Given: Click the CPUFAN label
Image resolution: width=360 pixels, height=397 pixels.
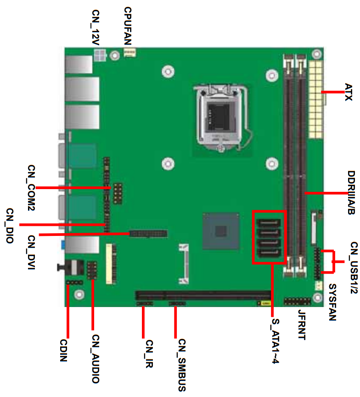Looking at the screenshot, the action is click(x=128, y=26).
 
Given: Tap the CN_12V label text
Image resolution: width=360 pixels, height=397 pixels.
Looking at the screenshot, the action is click(x=96, y=28).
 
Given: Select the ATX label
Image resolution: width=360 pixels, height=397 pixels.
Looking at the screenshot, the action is click(x=349, y=92).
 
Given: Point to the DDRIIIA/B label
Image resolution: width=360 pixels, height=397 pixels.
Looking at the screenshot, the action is click(x=351, y=193).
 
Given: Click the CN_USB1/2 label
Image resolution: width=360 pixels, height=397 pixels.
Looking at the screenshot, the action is click(x=354, y=268).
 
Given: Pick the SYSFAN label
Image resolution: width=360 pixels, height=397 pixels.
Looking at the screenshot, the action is click(x=332, y=302).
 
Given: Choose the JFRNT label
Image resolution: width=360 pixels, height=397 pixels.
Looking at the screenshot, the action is click(x=302, y=324).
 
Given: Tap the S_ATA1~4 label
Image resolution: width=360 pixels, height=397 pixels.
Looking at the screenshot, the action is click(x=276, y=341).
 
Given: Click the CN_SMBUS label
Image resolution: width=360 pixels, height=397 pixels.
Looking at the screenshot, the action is click(x=182, y=365).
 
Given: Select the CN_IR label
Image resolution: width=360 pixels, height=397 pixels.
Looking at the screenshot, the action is click(x=149, y=354).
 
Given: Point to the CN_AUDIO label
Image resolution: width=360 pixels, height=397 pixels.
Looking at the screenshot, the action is click(x=96, y=359).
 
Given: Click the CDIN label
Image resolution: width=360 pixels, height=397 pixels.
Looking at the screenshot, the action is click(x=63, y=350).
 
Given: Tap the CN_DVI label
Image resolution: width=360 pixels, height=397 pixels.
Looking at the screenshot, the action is click(x=31, y=252).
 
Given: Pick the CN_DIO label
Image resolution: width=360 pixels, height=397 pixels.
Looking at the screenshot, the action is click(x=10, y=226).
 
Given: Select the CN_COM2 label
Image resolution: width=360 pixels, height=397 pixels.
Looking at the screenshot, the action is click(x=31, y=188).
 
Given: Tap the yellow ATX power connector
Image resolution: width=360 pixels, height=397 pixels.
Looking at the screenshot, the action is click(x=315, y=100).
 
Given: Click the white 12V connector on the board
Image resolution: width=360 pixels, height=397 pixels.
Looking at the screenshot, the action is click(x=100, y=55).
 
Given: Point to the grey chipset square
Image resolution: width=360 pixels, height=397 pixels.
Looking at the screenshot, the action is click(x=221, y=231).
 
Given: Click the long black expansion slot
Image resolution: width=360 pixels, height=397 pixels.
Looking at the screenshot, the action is click(x=203, y=295).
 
